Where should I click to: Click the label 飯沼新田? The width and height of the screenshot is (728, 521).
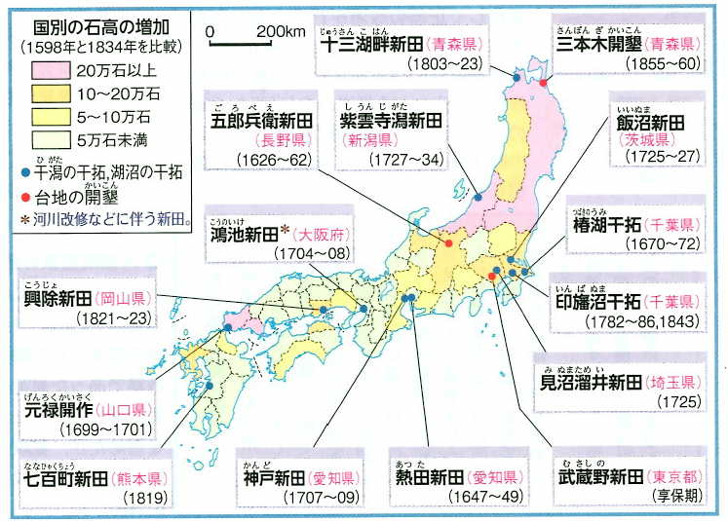[x=649, y=123]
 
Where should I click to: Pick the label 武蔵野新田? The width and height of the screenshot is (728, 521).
[x=596, y=477]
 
